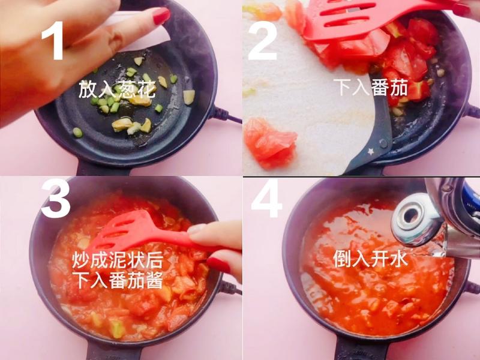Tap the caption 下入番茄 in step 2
[x=371, y=88]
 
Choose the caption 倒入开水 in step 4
[x=371, y=259]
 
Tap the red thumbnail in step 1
[x=161, y=16]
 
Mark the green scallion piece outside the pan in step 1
[x=77, y=132]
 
